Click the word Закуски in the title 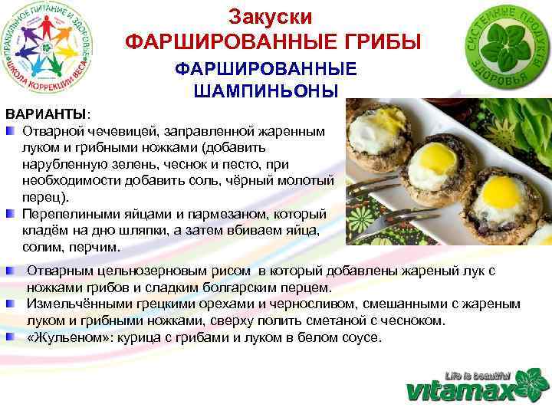(271, 17)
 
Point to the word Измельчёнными (72, 304)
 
